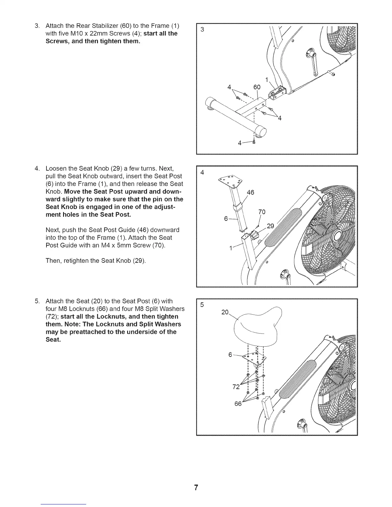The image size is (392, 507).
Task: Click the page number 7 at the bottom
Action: [x=196, y=488]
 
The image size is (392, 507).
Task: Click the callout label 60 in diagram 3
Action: [x=257, y=87]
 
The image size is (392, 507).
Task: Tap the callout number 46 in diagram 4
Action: [x=250, y=193]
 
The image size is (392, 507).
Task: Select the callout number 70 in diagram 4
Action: [x=262, y=212]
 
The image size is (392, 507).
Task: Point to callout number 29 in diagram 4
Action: [x=271, y=226]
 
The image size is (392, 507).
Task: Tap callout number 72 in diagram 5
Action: [x=236, y=387]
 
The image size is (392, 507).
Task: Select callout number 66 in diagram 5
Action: [x=238, y=404]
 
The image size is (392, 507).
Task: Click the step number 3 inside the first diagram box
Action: [x=202, y=30]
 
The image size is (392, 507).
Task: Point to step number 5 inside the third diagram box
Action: [x=202, y=305]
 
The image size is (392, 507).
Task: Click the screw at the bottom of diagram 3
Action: [x=254, y=142]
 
